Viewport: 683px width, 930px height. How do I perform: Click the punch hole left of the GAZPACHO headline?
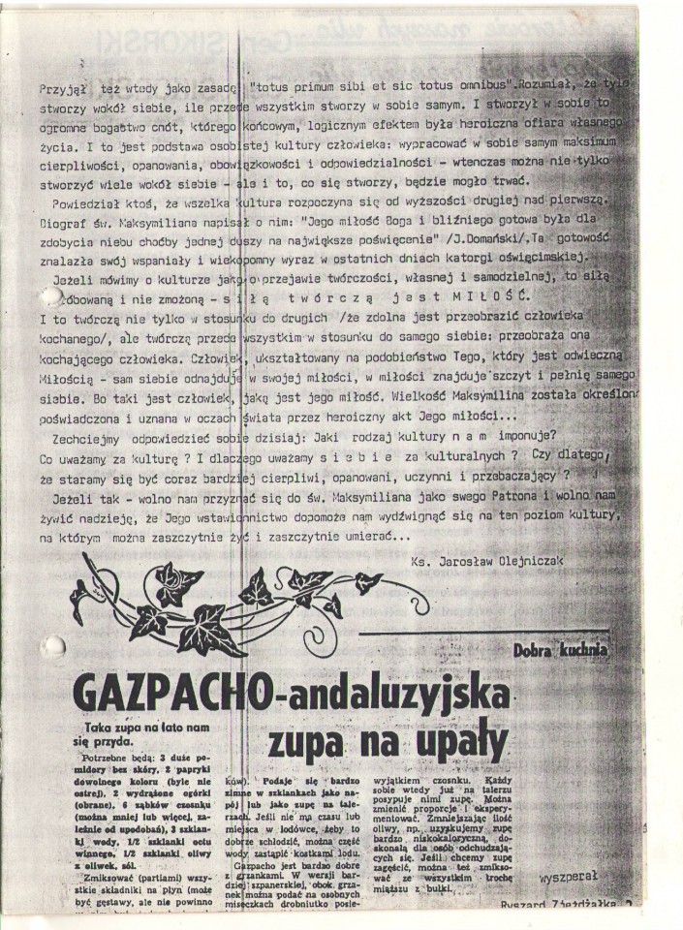[52, 646]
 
